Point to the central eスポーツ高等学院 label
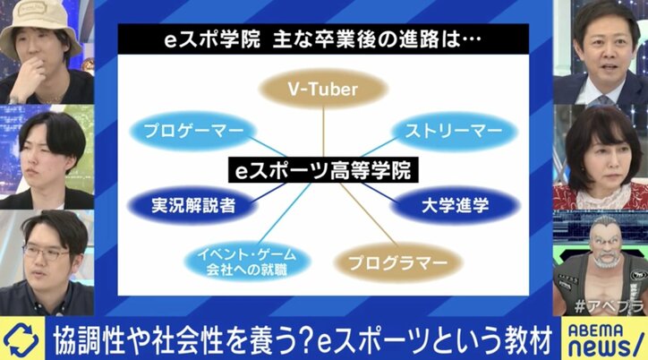pos(323,167)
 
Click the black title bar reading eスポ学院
pos(323,40)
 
